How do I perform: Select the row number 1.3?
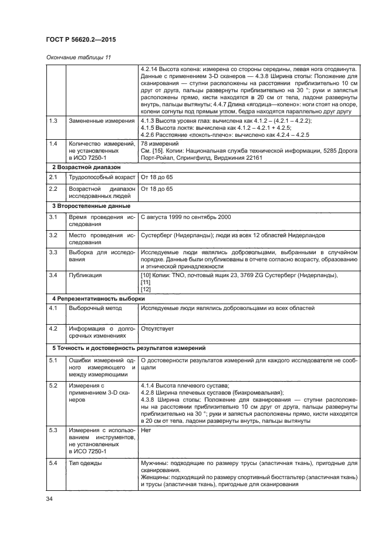(53, 120)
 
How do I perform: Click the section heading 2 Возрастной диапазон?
(83, 167)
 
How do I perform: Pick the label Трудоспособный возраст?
(102, 177)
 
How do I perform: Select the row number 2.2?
(53, 188)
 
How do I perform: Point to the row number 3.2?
(53, 235)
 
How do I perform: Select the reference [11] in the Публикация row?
(146, 282)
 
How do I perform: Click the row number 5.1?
(53, 359)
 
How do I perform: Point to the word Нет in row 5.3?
(147, 430)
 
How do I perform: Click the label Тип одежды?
(86, 464)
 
